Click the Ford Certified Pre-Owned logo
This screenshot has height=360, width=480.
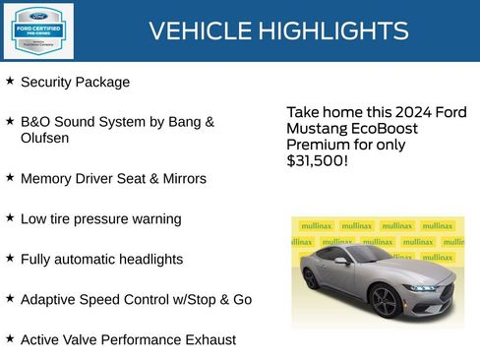click(x=37, y=30)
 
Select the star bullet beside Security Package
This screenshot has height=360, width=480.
click(x=10, y=82)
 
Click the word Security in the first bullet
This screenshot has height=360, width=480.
click(x=48, y=83)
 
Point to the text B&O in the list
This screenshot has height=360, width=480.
click(x=36, y=122)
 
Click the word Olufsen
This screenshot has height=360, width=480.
click(x=45, y=139)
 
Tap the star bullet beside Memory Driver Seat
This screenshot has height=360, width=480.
click(x=10, y=178)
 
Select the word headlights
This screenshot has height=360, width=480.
click(x=150, y=260)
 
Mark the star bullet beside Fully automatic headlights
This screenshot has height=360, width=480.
click(x=10, y=259)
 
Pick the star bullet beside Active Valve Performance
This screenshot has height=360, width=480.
click(x=10, y=338)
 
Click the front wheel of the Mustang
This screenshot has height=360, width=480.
click(x=385, y=301)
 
